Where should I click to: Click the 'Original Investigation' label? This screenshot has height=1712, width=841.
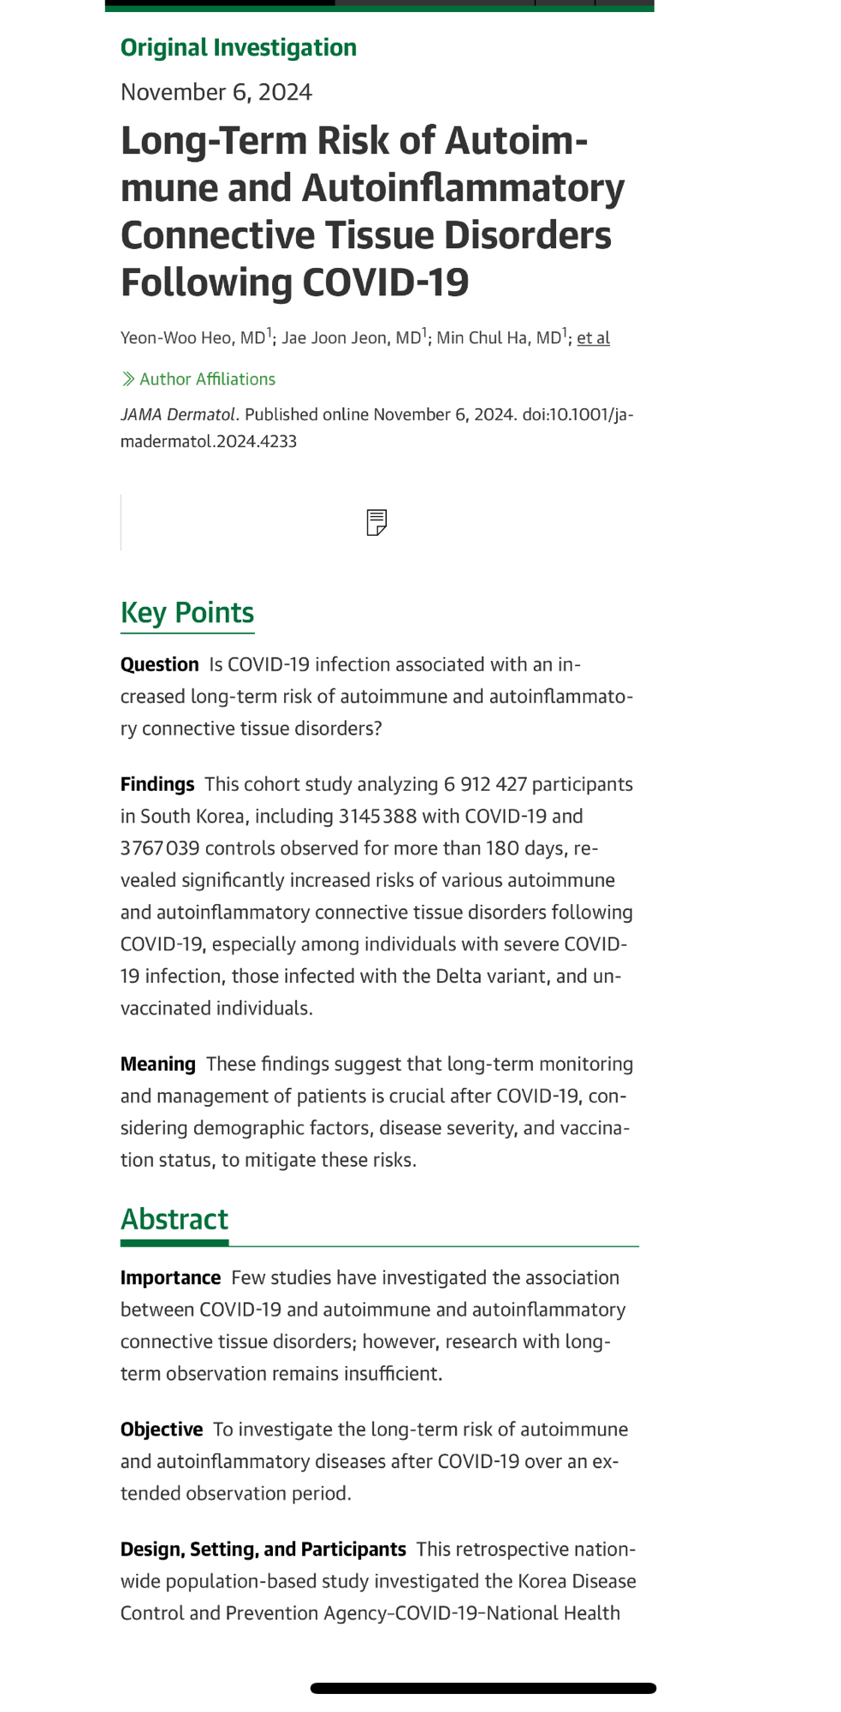tap(238, 48)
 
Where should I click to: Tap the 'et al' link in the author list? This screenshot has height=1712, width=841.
tap(593, 338)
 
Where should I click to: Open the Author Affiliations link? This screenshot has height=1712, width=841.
tap(206, 379)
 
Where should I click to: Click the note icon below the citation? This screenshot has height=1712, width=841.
tap(376, 522)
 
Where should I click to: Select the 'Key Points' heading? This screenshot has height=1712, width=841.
tap(187, 613)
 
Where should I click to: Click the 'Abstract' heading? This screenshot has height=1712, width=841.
tap(175, 1219)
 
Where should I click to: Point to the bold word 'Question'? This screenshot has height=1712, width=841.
tap(159, 665)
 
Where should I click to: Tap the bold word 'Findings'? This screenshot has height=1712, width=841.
tap(157, 785)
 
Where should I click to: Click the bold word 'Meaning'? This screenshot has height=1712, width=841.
tap(157, 1065)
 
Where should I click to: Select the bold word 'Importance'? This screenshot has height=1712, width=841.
tap(170, 1278)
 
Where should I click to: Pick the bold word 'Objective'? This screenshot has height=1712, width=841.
tap(162, 1430)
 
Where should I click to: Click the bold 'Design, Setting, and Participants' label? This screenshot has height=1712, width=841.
tap(263, 1549)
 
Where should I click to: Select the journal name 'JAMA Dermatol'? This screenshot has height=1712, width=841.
tap(177, 415)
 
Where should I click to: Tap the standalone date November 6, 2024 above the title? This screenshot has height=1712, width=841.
tap(216, 92)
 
